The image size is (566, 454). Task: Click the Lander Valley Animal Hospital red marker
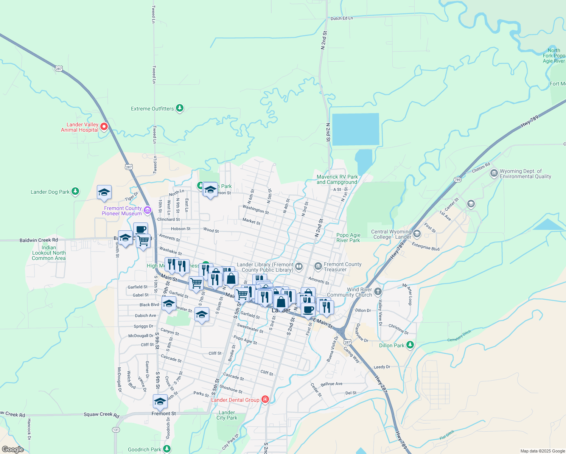click(104, 127)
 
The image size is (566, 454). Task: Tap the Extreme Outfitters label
click(152, 109)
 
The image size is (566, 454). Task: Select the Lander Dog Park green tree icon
click(75, 191)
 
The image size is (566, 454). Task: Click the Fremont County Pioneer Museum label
click(122, 211)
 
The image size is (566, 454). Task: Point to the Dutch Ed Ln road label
click(342, 18)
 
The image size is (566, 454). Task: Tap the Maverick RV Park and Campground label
click(337, 179)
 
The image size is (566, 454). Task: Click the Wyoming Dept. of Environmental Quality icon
click(494, 173)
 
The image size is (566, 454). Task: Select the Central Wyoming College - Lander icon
click(417, 233)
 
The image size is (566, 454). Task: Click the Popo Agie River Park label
click(348, 238)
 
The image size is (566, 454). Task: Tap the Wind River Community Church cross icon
click(378, 292)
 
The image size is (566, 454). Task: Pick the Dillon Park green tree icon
click(410, 345)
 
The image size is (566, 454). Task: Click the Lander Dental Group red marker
click(265, 400)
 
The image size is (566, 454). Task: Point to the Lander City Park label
click(227, 415)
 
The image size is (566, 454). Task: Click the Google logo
click(13, 449)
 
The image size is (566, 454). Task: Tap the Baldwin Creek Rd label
click(39, 240)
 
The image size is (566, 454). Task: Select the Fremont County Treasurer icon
click(318, 266)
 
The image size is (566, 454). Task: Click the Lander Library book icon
click(299, 267)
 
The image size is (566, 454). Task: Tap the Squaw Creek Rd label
click(101, 415)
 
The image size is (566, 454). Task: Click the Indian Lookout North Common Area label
click(49, 253)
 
